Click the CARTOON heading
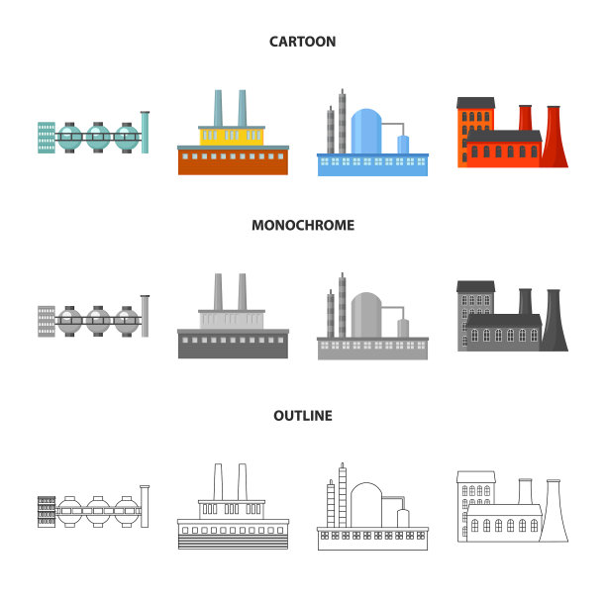click(302, 42)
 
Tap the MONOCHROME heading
click(302, 225)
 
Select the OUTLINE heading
click(302, 416)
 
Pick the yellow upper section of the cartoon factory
click(234, 136)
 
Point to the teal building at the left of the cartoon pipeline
click(46, 137)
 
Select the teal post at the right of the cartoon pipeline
click(146, 133)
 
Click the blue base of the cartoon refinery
click(371, 165)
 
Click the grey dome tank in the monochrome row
click(366, 315)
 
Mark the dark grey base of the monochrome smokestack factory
click(233, 347)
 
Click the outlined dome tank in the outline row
click(366, 505)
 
